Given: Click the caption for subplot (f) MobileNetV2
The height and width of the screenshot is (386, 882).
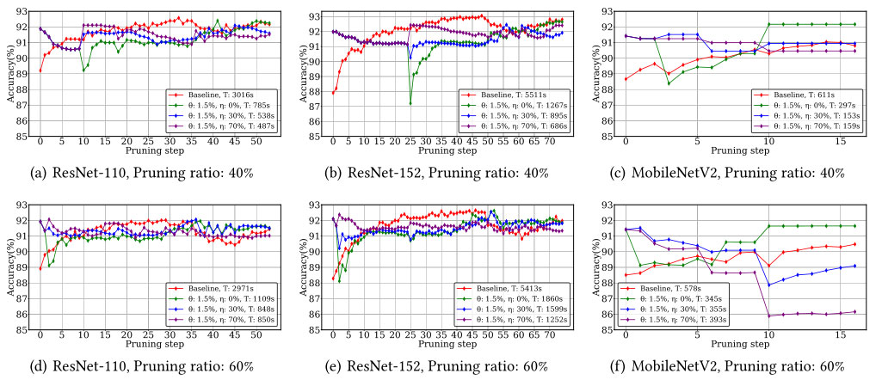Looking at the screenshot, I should (731, 366).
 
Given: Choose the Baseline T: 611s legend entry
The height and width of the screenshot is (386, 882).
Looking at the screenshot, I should (792, 91).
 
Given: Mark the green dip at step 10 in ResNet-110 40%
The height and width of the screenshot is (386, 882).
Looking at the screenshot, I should (83, 70).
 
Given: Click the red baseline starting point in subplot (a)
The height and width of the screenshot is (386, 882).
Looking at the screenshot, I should (40, 70).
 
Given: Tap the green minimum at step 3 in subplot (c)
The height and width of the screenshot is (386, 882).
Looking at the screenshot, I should (669, 83).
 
